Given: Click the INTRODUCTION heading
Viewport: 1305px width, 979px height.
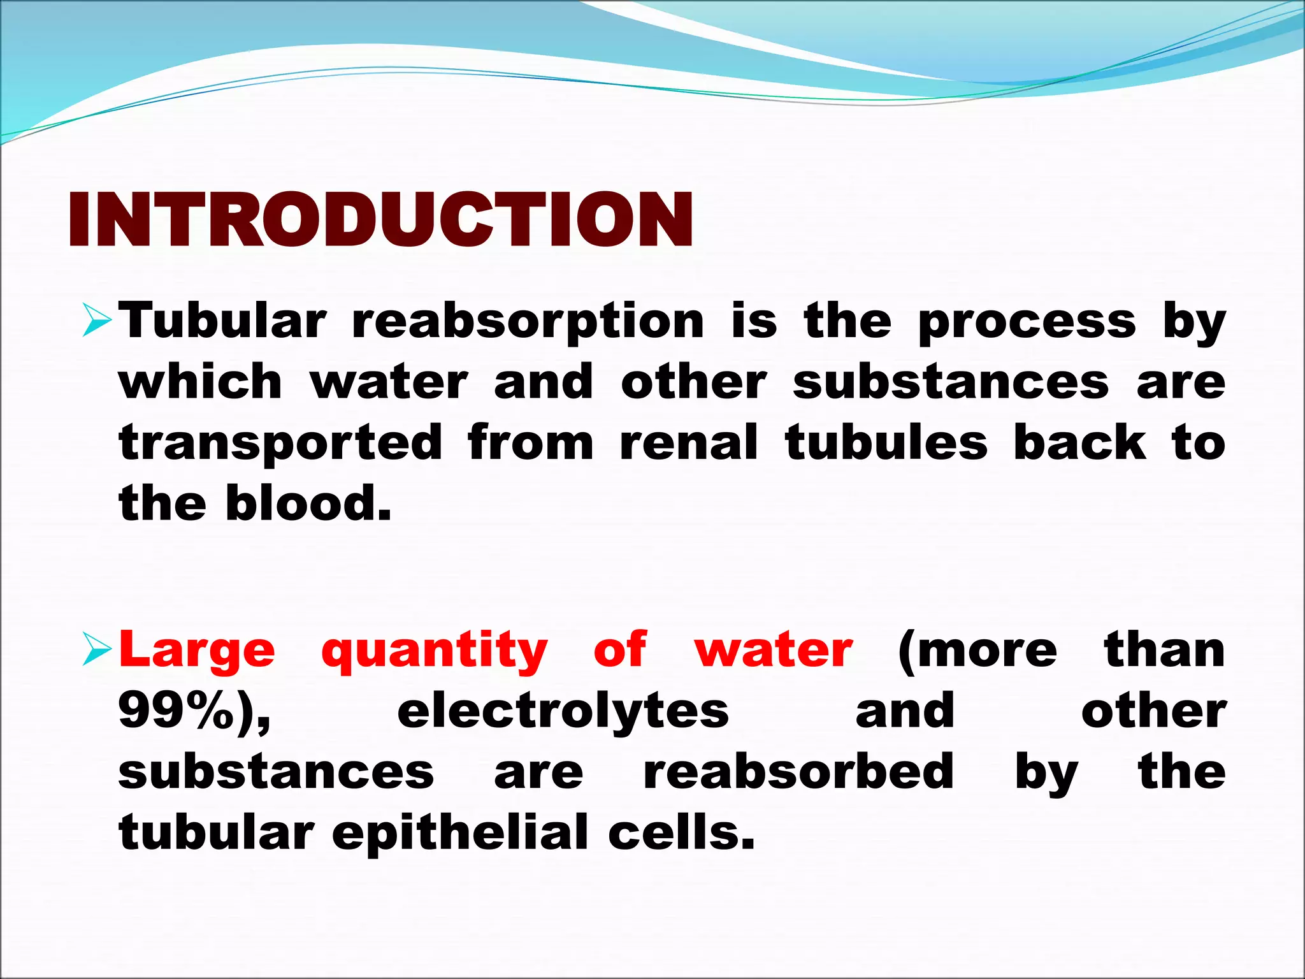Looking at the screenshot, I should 380,221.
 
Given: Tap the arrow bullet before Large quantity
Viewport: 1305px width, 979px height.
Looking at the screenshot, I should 97,651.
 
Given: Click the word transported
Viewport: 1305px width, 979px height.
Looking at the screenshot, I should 280,444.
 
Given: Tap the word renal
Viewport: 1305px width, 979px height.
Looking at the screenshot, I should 688,442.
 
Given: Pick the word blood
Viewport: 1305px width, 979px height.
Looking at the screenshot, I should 308,504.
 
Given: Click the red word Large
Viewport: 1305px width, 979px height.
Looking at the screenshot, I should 197,651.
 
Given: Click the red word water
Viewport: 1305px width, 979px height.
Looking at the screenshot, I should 774,651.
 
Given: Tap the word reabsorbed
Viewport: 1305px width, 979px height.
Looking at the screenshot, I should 798,771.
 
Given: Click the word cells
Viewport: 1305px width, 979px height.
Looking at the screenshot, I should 681,832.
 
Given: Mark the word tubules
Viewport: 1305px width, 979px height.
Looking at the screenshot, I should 886,442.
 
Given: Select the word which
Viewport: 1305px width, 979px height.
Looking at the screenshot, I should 200,382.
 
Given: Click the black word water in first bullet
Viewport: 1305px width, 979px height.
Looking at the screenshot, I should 389,383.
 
